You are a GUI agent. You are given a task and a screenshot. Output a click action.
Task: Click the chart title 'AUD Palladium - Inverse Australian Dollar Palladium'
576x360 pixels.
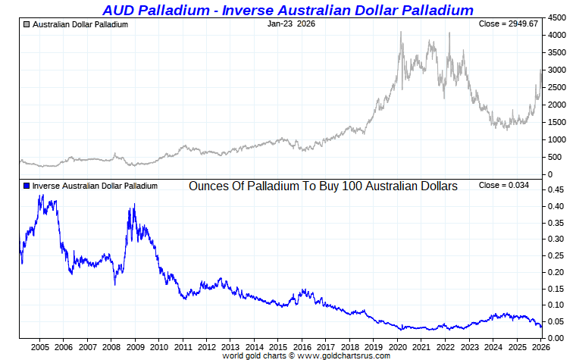point(288,10)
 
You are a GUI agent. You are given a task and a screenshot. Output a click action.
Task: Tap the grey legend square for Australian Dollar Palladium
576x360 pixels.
point(27,24)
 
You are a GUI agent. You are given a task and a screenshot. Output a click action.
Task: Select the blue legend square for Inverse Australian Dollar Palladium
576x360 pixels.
point(27,186)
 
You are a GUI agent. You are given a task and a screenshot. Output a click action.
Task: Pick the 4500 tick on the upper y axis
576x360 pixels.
point(558,17)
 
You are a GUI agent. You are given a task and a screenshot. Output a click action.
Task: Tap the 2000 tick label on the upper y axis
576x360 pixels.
point(558,105)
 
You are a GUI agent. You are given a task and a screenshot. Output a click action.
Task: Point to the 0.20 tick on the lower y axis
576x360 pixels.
point(556,273)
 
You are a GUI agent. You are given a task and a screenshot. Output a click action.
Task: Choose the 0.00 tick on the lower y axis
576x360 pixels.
point(556,338)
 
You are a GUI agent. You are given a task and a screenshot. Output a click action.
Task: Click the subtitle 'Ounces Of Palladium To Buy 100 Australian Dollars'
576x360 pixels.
point(323,186)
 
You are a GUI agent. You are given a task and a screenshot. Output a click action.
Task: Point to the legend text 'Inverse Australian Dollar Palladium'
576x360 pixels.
point(95,186)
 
